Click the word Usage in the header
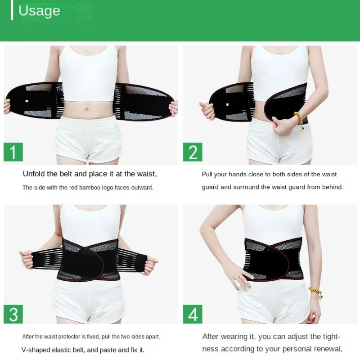pos(39,11)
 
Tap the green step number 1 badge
pos(13,152)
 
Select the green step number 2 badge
pos(193,152)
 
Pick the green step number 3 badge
pos(13,314)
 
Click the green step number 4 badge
pos(193,314)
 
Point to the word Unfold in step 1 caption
pos(34,174)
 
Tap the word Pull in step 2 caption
pos(207,174)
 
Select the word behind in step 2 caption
pos(332,187)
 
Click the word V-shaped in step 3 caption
pos(36,350)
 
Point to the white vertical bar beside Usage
pos(12,10)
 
